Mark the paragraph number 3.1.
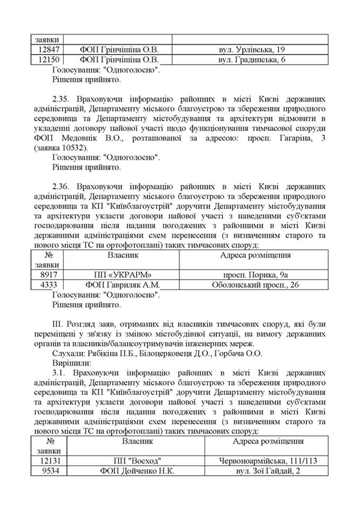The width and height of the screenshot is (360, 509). (60, 373)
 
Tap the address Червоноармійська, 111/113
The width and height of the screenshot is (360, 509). (266, 461)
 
